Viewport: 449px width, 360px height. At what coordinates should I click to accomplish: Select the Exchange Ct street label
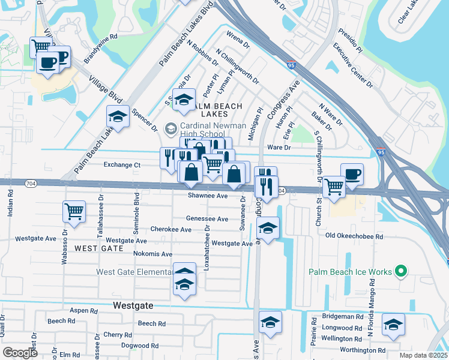pos(122,164)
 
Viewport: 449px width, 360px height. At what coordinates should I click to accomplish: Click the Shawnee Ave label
pos(208,196)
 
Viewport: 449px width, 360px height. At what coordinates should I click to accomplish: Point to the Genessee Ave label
pos(208,219)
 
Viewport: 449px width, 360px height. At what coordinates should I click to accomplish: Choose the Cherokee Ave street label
pos(171,230)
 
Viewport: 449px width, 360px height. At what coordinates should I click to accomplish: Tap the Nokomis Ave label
pos(153,254)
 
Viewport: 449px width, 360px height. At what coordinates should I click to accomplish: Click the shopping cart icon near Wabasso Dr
pos(74,211)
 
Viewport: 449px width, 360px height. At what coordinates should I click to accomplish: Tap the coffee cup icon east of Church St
pos(352,173)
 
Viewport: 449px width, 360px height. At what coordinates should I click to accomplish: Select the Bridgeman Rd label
pos(342,316)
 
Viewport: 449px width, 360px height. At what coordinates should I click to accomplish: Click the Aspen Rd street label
pos(83,311)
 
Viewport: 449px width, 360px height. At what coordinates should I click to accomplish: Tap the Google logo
pos(20,352)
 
